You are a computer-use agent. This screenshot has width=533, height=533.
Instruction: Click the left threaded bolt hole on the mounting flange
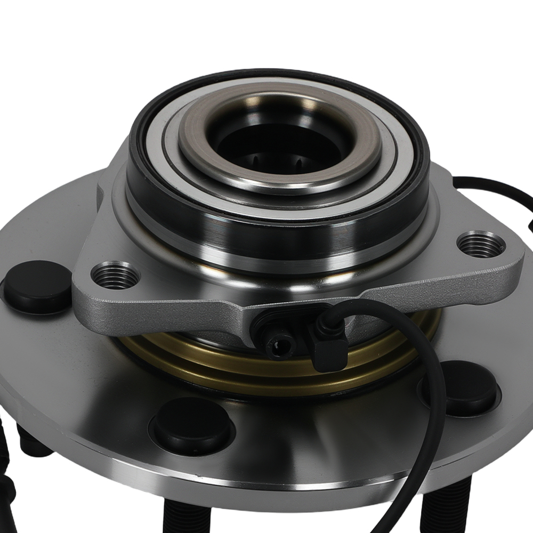coord(115,276)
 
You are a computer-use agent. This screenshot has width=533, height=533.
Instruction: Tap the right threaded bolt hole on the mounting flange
coord(481,245)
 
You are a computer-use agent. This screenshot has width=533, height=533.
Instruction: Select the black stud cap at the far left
coord(37,287)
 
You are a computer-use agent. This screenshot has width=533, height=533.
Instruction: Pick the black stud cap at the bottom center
coord(191,425)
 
